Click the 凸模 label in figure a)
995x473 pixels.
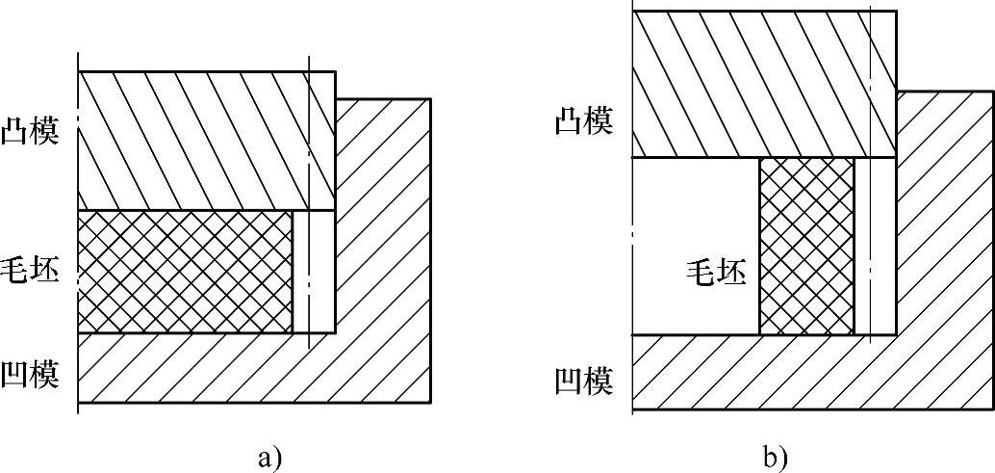tap(30, 132)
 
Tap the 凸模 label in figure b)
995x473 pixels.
tap(584, 122)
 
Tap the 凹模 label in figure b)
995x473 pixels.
tap(584, 381)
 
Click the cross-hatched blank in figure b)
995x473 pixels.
tap(806, 247)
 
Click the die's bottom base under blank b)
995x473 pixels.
tap(770, 371)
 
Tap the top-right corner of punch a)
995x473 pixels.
tap(334, 72)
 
